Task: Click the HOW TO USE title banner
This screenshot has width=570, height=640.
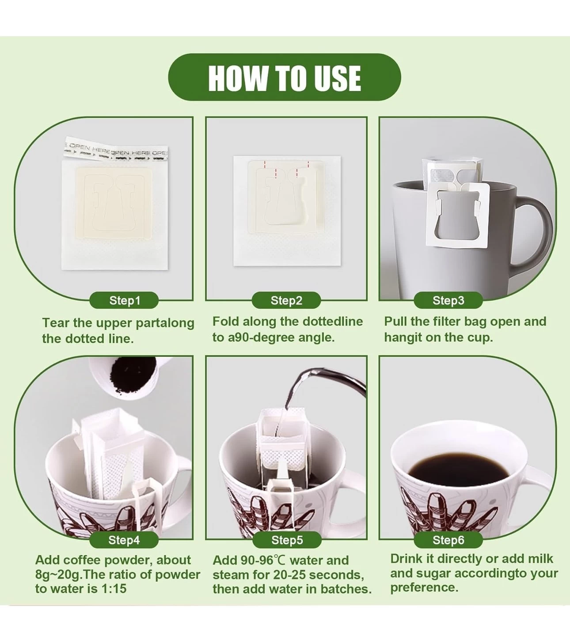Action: coord(285,77)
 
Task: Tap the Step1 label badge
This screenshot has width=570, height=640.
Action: coord(124,300)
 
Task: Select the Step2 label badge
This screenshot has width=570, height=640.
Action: coord(286,300)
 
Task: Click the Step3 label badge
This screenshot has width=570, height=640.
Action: coord(448,300)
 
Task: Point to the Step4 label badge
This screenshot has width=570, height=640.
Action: coord(124,540)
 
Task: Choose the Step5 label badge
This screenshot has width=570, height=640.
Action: coord(287,540)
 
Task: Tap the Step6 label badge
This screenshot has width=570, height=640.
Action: coord(448,540)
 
